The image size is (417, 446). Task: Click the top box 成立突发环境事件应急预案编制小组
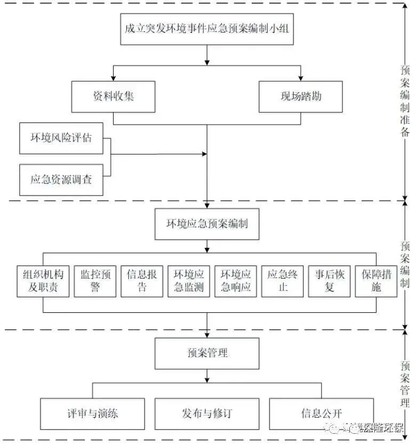(x=206, y=28)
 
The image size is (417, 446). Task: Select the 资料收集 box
(x=113, y=96)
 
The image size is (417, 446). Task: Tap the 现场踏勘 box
(x=301, y=96)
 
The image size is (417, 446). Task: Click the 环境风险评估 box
(x=61, y=138)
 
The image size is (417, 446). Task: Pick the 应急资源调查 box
(x=61, y=180)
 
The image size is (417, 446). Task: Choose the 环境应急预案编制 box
(x=207, y=224)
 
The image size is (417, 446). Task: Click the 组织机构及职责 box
(x=43, y=281)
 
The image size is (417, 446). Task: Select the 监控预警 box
(x=95, y=281)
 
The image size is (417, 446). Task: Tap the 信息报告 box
(x=142, y=281)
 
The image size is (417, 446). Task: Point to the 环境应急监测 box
(x=189, y=281)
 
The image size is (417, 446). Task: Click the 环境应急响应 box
(x=236, y=281)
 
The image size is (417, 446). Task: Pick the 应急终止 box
(x=283, y=281)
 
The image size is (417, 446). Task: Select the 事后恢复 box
(x=330, y=281)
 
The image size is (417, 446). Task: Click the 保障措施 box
(x=376, y=281)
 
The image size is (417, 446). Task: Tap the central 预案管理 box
(x=207, y=353)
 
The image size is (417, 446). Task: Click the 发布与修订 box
(x=207, y=413)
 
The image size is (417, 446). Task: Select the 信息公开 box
(x=321, y=413)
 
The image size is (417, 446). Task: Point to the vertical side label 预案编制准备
(x=405, y=101)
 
